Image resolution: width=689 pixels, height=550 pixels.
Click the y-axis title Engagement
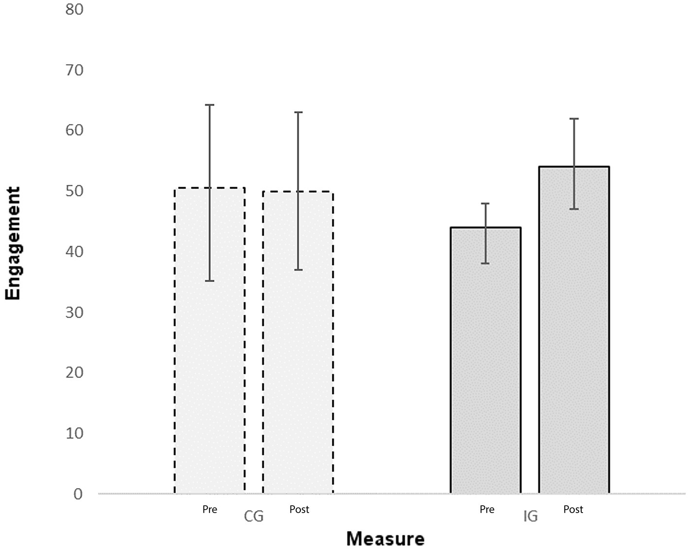click(13, 243)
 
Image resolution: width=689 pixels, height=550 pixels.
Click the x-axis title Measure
click(385, 539)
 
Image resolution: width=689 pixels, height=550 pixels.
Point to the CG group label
click(254, 516)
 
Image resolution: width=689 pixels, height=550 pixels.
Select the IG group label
click(531, 516)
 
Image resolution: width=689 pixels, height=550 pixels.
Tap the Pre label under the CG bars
click(210, 509)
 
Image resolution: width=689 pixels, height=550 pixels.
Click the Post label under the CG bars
click(299, 509)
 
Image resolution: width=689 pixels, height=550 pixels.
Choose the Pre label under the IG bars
click(487, 509)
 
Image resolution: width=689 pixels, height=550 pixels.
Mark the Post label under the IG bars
click(573, 509)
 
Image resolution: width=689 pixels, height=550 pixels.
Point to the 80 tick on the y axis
click(74, 9)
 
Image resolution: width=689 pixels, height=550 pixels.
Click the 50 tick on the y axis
click(74, 191)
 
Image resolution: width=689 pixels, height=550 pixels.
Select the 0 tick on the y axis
click(78, 494)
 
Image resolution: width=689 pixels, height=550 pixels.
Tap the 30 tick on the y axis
click(74, 312)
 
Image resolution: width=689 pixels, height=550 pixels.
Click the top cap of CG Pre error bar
click(209, 105)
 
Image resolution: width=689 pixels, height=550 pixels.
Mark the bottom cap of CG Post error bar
click(298, 269)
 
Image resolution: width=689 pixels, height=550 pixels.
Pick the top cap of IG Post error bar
click(574, 119)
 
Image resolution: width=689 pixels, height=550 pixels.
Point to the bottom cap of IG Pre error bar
click(486, 263)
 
